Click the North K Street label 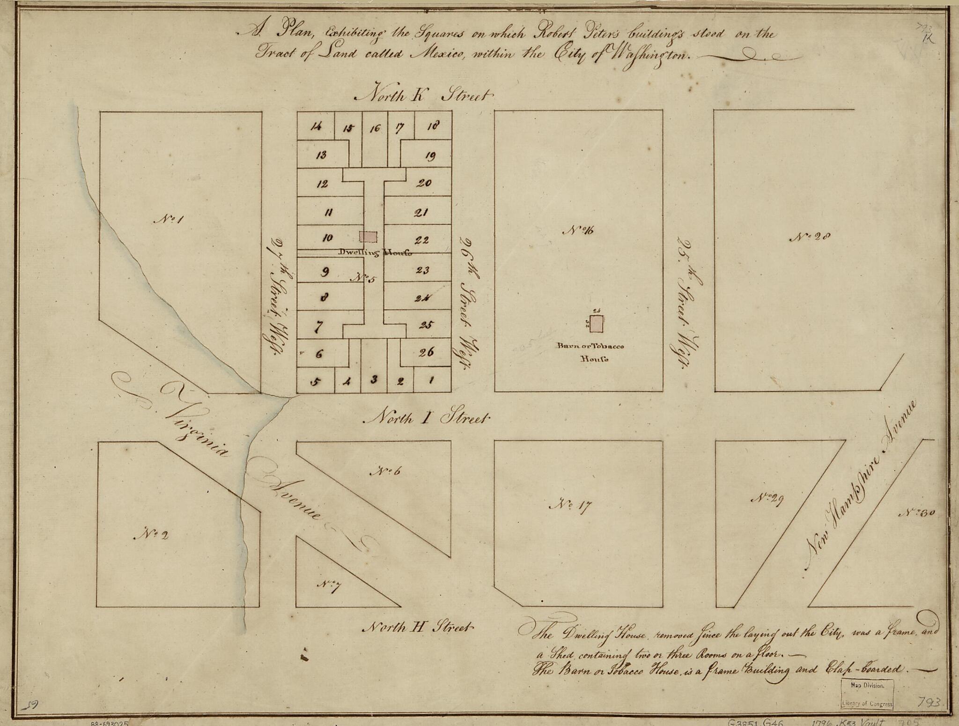(x=423, y=96)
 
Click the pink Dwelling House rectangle (x=368, y=237)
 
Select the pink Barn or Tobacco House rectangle (x=596, y=324)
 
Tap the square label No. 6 (x=385, y=471)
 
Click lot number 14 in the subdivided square (x=316, y=126)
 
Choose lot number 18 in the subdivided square (x=433, y=126)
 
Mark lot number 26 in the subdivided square (x=426, y=352)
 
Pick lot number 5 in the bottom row (x=316, y=381)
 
